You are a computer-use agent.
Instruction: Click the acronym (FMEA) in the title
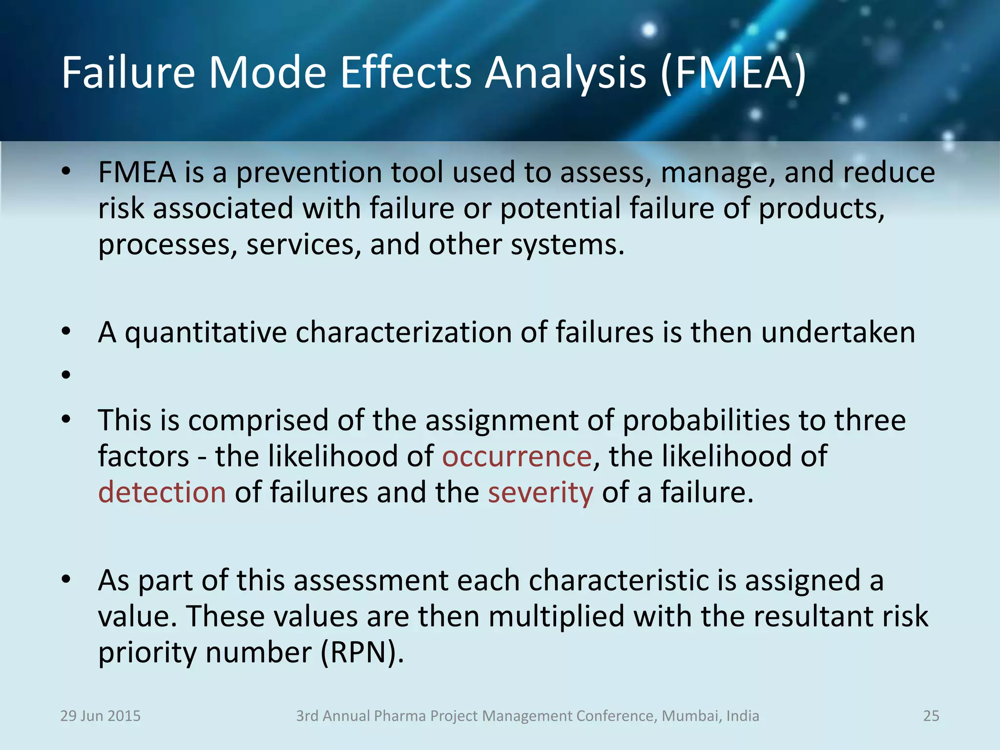click(x=732, y=73)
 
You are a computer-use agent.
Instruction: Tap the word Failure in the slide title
click(x=128, y=73)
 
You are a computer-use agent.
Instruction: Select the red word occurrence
click(x=517, y=457)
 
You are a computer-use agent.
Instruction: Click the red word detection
click(x=162, y=492)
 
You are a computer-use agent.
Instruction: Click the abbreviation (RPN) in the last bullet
click(x=362, y=652)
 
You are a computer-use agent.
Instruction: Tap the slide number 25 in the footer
click(x=931, y=716)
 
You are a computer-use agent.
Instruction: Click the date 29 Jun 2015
click(x=100, y=716)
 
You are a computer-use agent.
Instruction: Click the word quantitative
click(x=206, y=333)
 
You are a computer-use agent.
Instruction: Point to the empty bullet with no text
click(x=66, y=375)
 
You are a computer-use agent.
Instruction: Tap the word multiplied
click(x=556, y=617)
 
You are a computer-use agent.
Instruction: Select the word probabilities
click(x=706, y=421)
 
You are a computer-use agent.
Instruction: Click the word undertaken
click(x=838, y=333)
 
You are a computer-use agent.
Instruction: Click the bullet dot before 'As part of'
click(x=66, y=580)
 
